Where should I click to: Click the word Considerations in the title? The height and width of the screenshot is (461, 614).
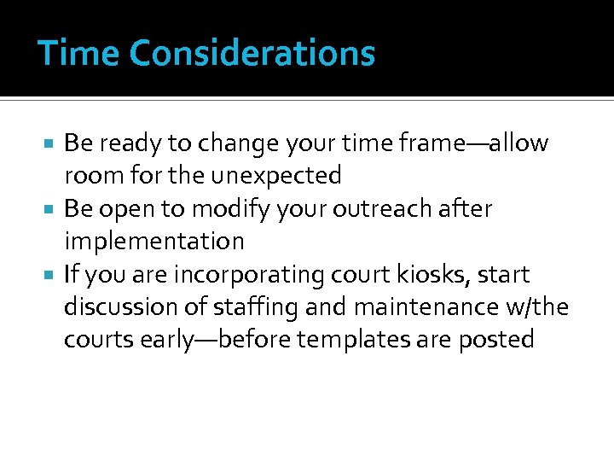click(x=252, y=53)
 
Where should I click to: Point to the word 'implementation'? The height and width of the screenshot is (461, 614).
click(x=153, y=242)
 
